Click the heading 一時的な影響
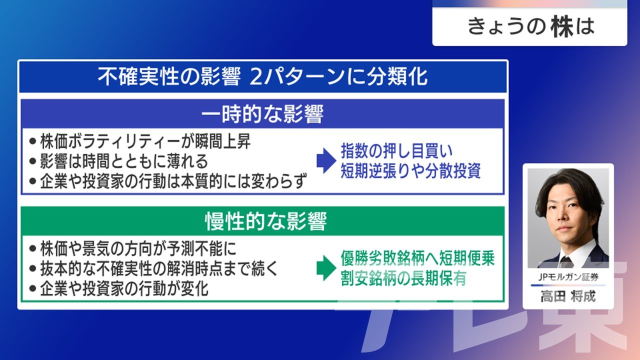click(x=262, y=114)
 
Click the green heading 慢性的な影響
click(x=265, y=221)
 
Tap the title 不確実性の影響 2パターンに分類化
click(x=262, y=76)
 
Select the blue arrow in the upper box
click(x=326, y=160)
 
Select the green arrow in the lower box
click(x=326, y=268)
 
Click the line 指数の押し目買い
click(x=397, y=151)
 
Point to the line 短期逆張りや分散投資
click(x=410, y=171)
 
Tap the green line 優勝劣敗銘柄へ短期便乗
click(x=417, y=258)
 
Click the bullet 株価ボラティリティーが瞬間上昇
click(x=140, y=141)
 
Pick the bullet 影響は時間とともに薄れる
click(x=118, y=161)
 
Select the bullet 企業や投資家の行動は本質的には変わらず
click(x=168, y=181)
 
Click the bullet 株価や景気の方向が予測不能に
click(x=133, y=248)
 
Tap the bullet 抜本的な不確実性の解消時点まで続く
click(x=153, y=268)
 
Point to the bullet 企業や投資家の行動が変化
click(x=118, y=288)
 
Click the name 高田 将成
click(x=568, y=296)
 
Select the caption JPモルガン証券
click(x=568, y=277)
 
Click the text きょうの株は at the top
click(x=531, y=26)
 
